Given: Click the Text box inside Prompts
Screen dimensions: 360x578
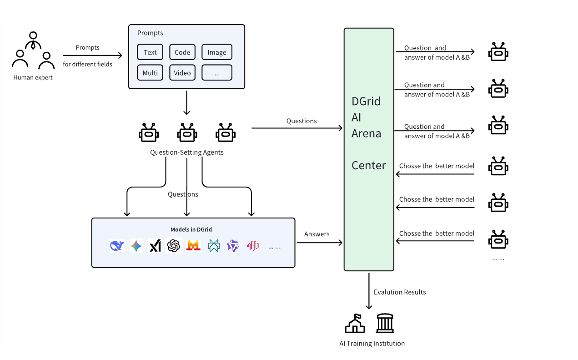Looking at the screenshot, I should [x=150, y=52].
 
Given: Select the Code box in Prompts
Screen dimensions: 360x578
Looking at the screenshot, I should [x=182, y=52].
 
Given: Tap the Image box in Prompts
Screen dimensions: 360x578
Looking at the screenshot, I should [x=217, y=52].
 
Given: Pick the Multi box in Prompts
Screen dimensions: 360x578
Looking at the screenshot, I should [x=150, y=73].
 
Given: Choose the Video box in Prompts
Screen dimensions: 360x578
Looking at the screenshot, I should [x=182, y=73].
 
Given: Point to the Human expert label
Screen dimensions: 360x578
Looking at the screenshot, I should [x=33, y=77].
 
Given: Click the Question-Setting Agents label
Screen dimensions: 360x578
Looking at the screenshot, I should [x=187, y=152].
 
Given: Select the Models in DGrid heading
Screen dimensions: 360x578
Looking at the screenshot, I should [x=191, y=229].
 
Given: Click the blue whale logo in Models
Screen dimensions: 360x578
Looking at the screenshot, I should [x=117, y=246].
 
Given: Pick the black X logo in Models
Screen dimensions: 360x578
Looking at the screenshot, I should [x=155, y=246].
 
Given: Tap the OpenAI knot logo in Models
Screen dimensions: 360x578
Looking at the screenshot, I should [x=174, y=246].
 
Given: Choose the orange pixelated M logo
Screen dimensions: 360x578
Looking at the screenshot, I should [x=193, y=246].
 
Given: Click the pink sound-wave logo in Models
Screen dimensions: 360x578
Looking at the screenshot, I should [x=253, y=246].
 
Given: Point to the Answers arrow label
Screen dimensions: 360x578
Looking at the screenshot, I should [x=317, y=234].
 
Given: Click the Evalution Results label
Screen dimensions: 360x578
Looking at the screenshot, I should [x=400, y=292].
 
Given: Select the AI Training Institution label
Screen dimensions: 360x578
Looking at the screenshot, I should [x=372, y=344].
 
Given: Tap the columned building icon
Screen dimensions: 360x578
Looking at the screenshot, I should [x=385, y=323].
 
